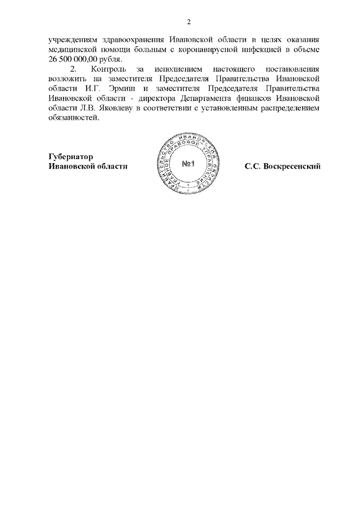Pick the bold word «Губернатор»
click(x=70, y=157)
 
